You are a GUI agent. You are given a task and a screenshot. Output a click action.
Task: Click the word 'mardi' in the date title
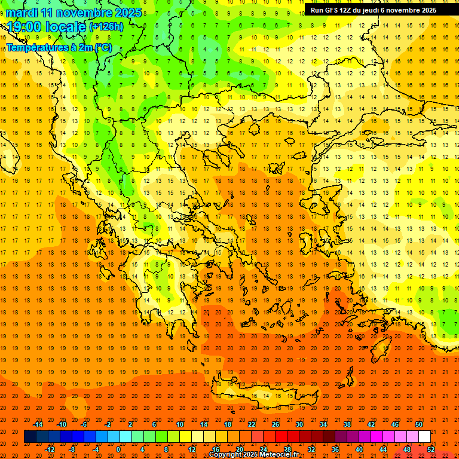pyautogui.click(x=22, y=13)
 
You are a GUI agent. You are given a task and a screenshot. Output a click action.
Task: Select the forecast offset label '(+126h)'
pyautogui.click(x=106, y=27)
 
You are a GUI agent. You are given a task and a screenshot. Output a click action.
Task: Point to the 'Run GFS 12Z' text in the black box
pyautogui.click(x=329, y=10)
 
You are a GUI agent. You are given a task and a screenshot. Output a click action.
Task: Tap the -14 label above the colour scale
pyautogui.click(x=37, y=424)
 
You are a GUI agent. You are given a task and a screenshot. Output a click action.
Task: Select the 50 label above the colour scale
pyautogui.click(x=419, y=424)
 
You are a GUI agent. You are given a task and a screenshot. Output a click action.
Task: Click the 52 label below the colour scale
pyautogui.click(x=431, y=449)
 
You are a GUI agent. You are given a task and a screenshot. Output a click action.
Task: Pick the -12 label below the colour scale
pyautogui.click(x=50, y=449)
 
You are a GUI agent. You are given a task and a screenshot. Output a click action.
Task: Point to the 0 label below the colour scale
pyautogui.click(x=118, y=449)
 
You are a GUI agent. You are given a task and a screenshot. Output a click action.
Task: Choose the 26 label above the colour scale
pyautogui.click(x=276, y=424)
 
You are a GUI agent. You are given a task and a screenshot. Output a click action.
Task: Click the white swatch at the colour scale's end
pyautogui.click(x=425, y=436)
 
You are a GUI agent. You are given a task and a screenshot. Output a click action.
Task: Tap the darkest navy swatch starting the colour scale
pyautogui.click(x=30, y=436)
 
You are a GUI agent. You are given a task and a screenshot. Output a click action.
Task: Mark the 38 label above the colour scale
pyautogui.click(x=347, y=424)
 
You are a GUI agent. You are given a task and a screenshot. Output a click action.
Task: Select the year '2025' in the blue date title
pyautogui.click(x=128, y=13)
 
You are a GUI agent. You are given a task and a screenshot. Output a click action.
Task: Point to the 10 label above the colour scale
pyautogui.click(x=179, y=424)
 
